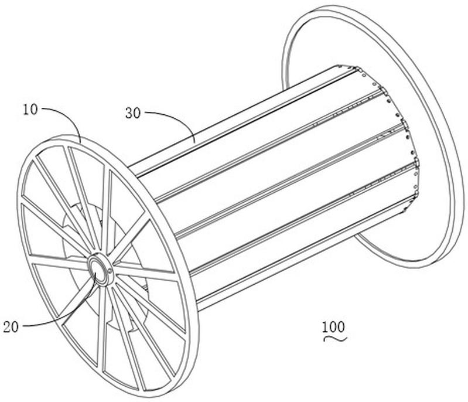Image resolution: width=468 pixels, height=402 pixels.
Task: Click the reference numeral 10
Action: point(30,110)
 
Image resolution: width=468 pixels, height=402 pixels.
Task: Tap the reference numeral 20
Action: point(11,327)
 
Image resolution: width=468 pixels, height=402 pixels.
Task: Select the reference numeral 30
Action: point(133,114)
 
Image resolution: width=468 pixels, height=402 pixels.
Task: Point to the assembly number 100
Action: point(333,327)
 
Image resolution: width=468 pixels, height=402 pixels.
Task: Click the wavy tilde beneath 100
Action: point(336,339)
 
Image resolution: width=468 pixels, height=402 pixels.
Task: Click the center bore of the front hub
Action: point(98,268)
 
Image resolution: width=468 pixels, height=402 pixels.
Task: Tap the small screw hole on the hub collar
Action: point(110,271)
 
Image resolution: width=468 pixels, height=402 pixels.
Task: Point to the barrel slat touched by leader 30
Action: point(239,114)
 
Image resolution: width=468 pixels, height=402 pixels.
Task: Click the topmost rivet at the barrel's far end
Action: point(340,66)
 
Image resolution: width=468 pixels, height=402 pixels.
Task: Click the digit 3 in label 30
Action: point(129,114)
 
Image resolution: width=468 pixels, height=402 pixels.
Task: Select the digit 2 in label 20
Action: point(7,327)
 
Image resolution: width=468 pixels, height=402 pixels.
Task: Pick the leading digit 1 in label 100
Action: point(324,327)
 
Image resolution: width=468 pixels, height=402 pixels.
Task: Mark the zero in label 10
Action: point(35,110)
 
